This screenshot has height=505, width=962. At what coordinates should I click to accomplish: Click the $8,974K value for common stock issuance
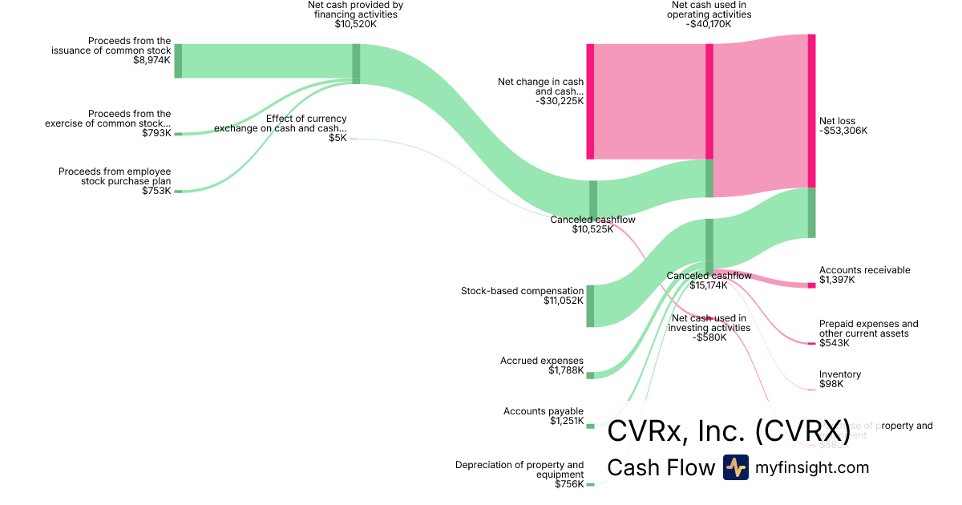click(x=152, y=60)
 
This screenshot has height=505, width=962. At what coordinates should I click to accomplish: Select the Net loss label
click(x=837, y=121)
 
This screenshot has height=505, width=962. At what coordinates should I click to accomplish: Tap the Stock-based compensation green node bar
click(x=591, y=305)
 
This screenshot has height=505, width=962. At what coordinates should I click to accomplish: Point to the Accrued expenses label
click(x=542, y=361)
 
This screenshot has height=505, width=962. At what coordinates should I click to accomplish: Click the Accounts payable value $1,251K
click(x=567, y=422)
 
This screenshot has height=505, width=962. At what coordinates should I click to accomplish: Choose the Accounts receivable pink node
click(x=811, y=285)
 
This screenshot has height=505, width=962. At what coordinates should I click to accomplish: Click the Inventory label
click(x=840, y=374)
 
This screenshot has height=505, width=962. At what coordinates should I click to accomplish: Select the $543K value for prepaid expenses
click(x=834, y=343)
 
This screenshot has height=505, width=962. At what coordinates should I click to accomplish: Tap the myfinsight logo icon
click(x=735, y=467)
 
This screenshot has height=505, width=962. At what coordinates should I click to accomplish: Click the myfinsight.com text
click(x=812, y=467)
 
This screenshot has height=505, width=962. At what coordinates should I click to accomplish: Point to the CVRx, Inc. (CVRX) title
click(x=728, y=430)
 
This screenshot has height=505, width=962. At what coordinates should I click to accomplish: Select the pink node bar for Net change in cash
click(x=591, y=101)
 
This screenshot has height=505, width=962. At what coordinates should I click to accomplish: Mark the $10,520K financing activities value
click(x=355, y=24)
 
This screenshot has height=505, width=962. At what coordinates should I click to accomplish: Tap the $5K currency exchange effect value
click(x=338, y=138)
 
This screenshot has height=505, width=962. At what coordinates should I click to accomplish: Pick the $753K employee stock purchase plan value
click(x=156, y=191)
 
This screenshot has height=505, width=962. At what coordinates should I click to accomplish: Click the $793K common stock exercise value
click(x=156, y=133)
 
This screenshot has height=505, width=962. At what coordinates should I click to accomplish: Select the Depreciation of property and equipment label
click(x=519, y=470)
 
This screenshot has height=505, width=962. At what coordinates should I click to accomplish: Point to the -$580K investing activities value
click(x=709, y=337)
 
